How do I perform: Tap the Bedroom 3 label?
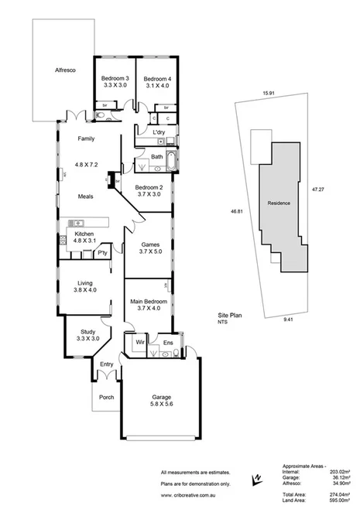(x=115, y=79)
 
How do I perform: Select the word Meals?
(x=85, y=196)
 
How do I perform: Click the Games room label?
(x=149, y=244)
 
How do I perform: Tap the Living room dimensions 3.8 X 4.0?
(x=84, y=290)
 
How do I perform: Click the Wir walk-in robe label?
(x=141, y=340)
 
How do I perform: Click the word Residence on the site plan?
(x=279, y=203)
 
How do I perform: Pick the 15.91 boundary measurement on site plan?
(x=268, y=94)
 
